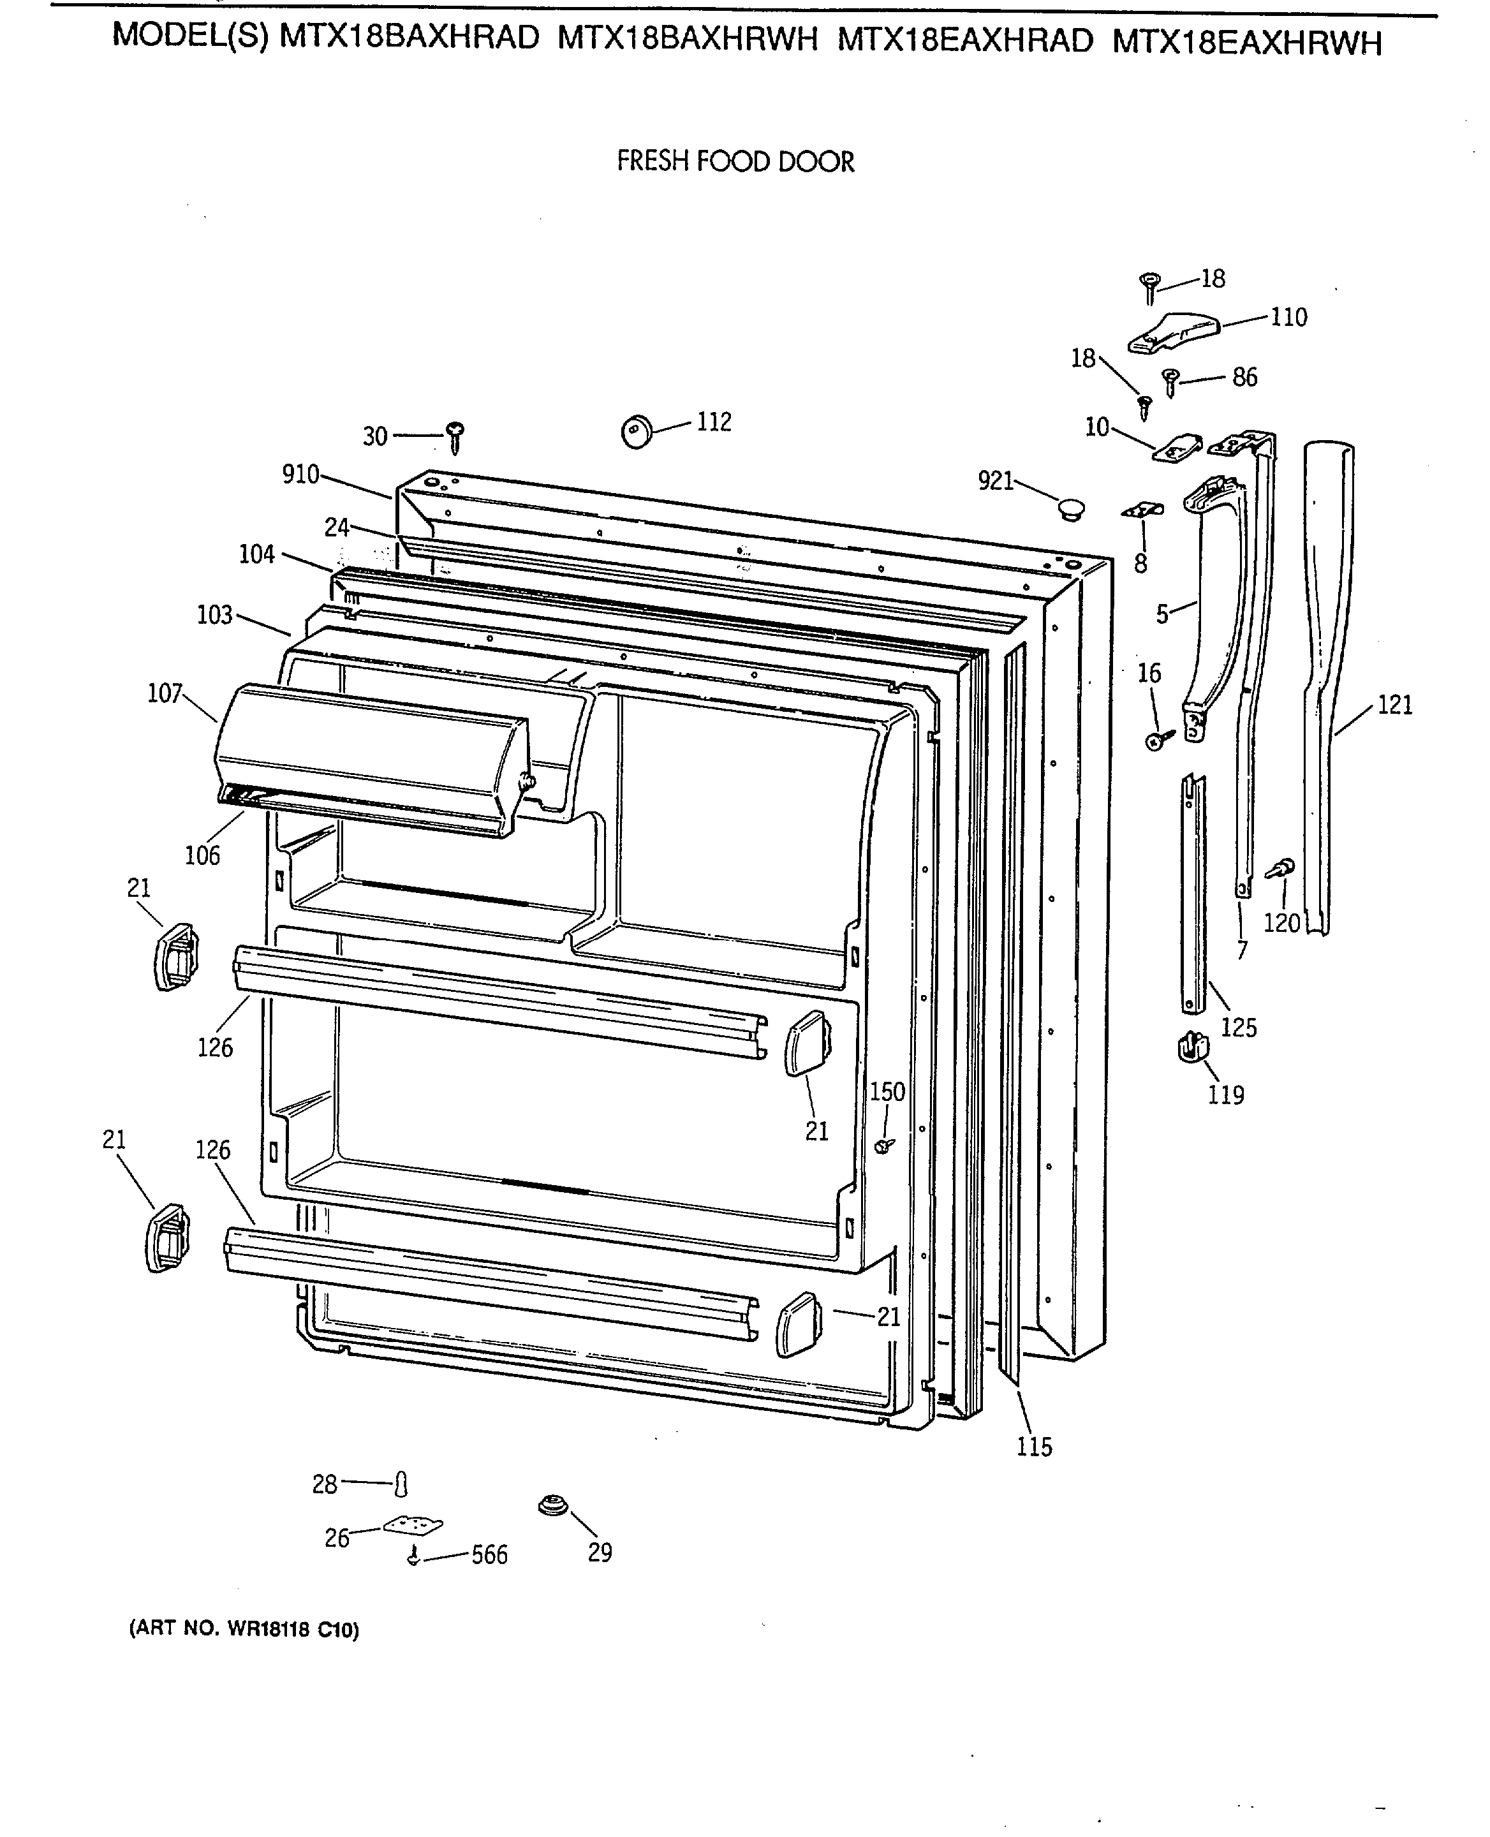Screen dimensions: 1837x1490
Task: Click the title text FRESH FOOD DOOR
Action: (735, 161)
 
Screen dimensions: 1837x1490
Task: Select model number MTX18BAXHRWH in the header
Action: (688, 40)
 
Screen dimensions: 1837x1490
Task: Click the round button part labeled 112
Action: (637, 431)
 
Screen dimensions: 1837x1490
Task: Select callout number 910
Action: (300, 474)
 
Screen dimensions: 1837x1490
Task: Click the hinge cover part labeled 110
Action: (1173, 332)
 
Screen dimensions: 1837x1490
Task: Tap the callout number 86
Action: (1244, 377)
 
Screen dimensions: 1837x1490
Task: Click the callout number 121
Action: (1395, 705)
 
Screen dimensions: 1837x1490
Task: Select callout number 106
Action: (203, 855)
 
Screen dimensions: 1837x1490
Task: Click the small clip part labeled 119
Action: (1193, 1047)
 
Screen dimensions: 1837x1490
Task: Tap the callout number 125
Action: (1239, 1028)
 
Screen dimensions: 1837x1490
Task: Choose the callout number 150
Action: (887, 1092)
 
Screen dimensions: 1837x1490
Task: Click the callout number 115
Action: (1034, 1447)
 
